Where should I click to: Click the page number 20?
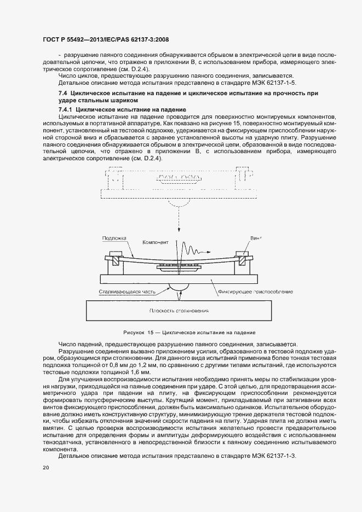[45, 468]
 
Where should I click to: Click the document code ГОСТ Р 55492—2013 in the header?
[71, 39]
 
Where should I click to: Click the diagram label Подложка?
[114, 238]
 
